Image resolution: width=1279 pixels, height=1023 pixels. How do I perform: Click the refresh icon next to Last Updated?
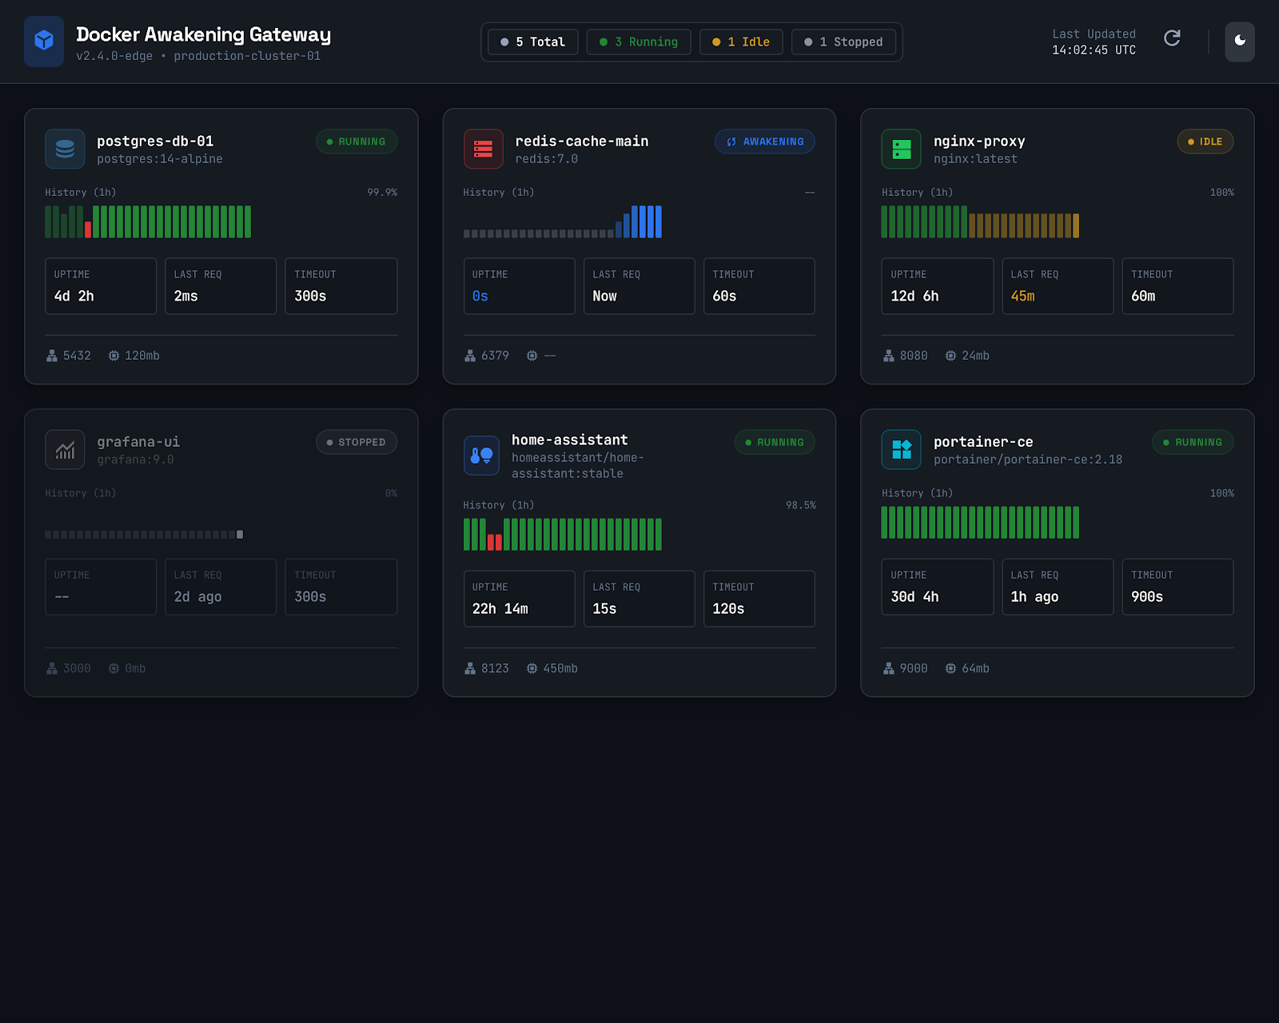tap(1172, 38)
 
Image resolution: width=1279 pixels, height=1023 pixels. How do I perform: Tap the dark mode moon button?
tap(1240, 42)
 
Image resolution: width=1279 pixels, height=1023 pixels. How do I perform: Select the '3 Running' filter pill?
tap(638, 42)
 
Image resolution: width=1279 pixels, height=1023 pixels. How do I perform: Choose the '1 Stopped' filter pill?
tap(843, 42)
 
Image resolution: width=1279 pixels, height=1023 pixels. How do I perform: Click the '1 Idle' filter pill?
tap(741, 42)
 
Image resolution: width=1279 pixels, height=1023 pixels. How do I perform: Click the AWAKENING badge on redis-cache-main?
tap(764, 141)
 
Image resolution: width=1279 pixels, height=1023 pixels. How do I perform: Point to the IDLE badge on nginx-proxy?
tap(1205, 141)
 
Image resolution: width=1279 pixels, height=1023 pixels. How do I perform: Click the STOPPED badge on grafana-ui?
tap(357, 442)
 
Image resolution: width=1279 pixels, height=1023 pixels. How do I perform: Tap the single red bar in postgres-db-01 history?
tap(88, 229)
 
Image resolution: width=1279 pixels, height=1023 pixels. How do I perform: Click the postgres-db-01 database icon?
tap(65, 149)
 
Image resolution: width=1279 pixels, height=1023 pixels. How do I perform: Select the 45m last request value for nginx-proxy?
tap(1022, 296)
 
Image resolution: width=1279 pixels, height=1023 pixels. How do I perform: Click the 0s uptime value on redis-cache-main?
tap(480, 296)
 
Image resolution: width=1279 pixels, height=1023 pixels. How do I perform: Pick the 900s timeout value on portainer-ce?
tap(1146, 597)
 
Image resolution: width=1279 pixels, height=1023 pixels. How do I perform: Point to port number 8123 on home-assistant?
tap(495, 668)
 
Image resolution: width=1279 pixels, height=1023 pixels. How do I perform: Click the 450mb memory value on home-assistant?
tap(560, 668)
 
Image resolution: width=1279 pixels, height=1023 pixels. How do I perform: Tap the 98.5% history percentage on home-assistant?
tap(800, 505)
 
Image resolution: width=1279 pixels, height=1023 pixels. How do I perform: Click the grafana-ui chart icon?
tap(65, 450)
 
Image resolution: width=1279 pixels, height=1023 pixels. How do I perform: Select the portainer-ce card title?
tap(983, 442)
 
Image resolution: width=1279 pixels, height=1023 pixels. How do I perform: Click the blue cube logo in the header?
tap(44, 42)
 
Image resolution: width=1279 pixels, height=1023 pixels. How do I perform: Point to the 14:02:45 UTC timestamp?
tap(1094, 50)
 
